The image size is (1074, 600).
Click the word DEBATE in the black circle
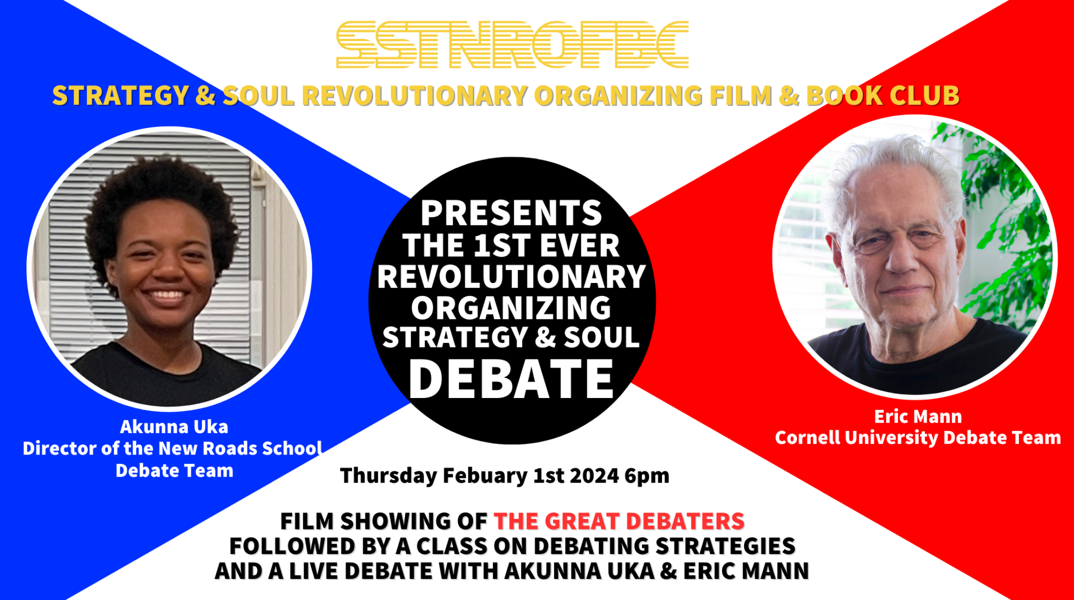click(x=511, y=379)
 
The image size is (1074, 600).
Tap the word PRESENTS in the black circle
click(x=511, y=213)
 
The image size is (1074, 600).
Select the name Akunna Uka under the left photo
click(x=174, y=426)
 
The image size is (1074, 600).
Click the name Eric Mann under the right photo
click(x=917, y=416)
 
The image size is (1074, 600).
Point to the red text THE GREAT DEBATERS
click(x=619, y=521)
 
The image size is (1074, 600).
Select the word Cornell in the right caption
click(x=807, y=437)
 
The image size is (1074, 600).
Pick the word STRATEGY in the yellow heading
click(x=120, y=95)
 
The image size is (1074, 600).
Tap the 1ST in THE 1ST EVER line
click(x=501, y=245)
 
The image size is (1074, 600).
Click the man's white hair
click(x=895, y=160)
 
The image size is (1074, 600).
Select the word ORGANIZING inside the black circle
click(x=511, y=307)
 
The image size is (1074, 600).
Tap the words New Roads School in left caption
click(x=240, y=448)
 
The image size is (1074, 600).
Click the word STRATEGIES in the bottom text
click(x=725, y=546)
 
